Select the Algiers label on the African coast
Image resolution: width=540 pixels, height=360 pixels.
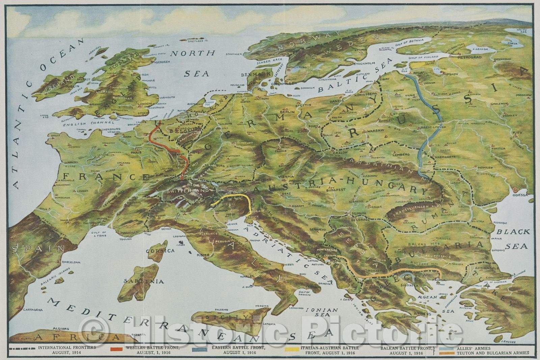pos(61,329)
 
